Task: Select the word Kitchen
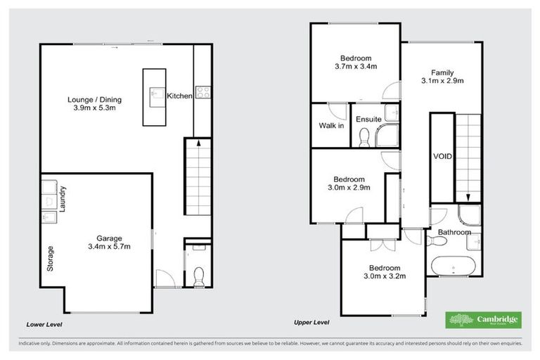pyautogui.click(x=179, y=96)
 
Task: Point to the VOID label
pyautogui.click(x=442, y=157)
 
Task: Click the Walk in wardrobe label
pyautogui.click(x=331, y=126)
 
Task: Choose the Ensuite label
pyautogui.click(x=369, y=120)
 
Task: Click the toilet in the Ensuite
pyautogui.click(x=364, y=141)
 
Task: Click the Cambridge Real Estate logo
pyautogui.click(x=483, y=320)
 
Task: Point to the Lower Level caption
pyautogui.click(x=44, y=324)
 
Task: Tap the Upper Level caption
pyautogui.click(x=311, y=321)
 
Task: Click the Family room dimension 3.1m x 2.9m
pyautogui.click(x=442, y=81)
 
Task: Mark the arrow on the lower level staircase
pyautogui.click(x=199, y=143)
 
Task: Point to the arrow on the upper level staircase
pyautogui.click(x=467, y=197)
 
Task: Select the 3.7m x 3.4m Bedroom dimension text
pyautogui.click(x=356, y=67)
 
